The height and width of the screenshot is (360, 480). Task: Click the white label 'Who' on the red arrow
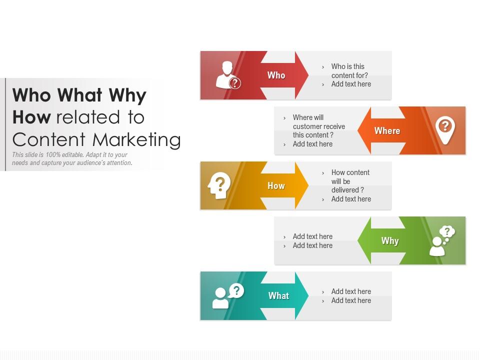tap(276, 75)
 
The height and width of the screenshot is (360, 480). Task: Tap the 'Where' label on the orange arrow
tap(387, 131)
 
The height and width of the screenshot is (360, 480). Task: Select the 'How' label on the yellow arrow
tap(276, 186)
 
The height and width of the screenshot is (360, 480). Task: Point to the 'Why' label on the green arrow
tap(390, 241)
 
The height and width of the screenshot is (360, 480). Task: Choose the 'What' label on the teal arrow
tap(278, 296)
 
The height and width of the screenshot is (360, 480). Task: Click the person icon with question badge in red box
tap(228, 75)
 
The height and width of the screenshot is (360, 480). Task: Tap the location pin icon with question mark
tap(444, 130)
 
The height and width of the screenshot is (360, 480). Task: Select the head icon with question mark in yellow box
tap(219, 185)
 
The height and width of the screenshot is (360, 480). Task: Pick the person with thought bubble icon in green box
tap(441, 240)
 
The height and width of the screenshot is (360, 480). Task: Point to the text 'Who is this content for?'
tap(349, 71)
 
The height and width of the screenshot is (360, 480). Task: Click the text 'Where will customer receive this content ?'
tap(318, 126)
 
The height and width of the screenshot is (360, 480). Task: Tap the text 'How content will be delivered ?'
tap(350, 181)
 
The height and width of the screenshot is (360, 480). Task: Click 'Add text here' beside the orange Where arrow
tap(312, 144)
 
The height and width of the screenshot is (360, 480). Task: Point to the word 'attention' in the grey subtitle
tap(118, 163)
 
